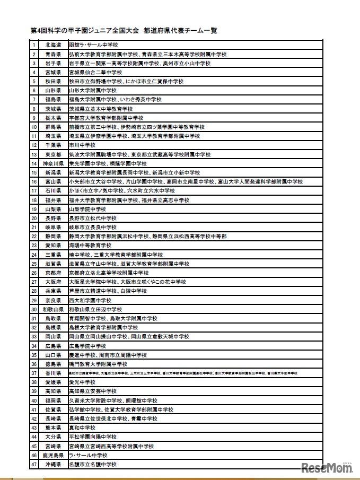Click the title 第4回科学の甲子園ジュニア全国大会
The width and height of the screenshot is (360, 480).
point(85,31)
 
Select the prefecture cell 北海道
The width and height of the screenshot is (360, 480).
point(53,45)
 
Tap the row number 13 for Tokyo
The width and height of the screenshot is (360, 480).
point(34,154)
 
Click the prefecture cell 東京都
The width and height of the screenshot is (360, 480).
point(53,154)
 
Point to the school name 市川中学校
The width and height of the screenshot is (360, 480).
point(82,145)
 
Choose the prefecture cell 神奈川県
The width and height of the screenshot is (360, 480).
point(53,164)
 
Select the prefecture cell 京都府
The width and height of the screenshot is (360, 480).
point(53,273)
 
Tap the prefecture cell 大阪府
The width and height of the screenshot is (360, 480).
point(53,282)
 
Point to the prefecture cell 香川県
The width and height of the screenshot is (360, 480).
point(53,373)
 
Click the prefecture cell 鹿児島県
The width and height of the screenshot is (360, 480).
point(53,455)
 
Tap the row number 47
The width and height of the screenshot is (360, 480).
point(34,465)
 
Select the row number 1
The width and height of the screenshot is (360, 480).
point(34,45)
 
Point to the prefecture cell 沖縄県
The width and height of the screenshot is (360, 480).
point(53,465)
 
